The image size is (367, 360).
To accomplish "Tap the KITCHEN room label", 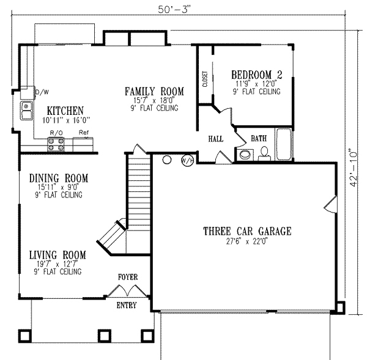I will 65,111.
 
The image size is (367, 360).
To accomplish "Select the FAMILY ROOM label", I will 150,91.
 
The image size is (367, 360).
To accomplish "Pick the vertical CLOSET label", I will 204,79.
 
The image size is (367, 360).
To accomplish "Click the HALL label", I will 215,139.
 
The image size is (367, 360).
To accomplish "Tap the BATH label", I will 258,139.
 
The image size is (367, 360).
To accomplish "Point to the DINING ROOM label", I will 59,178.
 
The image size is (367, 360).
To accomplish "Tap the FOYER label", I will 127,277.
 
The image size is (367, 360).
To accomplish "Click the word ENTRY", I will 127,305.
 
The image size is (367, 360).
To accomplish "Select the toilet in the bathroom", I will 245,155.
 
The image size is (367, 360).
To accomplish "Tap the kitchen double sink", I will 27,111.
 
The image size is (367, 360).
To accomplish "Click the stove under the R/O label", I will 57,145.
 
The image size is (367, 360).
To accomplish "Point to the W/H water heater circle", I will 187,161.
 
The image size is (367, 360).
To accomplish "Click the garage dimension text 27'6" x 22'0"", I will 247,242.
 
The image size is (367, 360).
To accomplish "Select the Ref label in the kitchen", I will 83,132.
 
